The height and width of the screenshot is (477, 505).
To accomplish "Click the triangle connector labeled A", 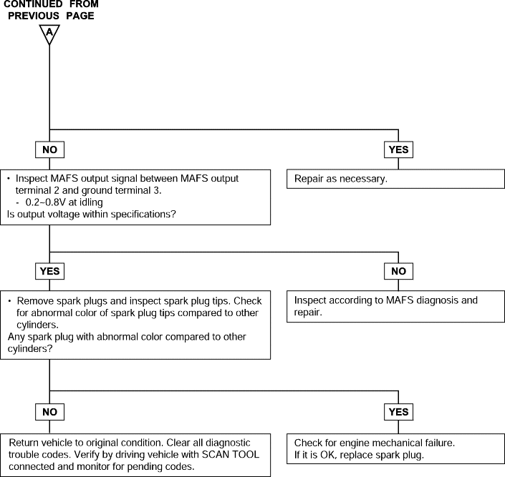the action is click(x=49, y=34).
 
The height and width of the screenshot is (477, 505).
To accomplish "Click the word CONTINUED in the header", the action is click(x=33, y=4).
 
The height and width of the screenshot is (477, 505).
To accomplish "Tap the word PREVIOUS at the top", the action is click(x=34, y=16).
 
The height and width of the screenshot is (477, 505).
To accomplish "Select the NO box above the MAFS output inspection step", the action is click(x=49, y=149).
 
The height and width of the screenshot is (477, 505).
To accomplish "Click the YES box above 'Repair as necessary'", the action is click(x=398, y=149).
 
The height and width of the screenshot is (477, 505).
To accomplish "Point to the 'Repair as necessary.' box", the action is click(x=395, y=179).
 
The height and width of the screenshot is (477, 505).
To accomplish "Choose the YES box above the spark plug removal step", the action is click(x=49, y=271).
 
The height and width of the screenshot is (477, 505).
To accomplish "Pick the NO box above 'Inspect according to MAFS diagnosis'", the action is click(x=398, y=271).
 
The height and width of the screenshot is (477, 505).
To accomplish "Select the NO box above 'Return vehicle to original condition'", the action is click(x=49, y=412).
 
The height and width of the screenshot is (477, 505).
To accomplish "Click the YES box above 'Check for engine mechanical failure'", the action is click(x=398, y=412).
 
